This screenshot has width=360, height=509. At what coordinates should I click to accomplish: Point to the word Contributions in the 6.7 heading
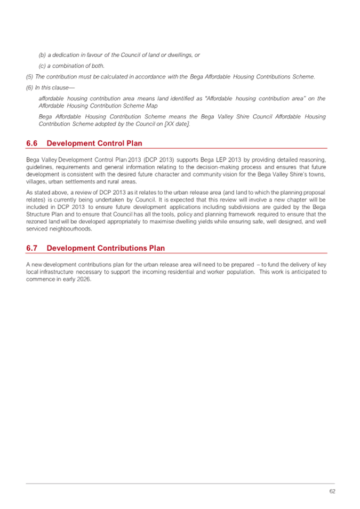pyautogui.click(x=118, y=248)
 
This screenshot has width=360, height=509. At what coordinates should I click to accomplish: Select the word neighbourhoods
pyautogui.click(x=73, y=228)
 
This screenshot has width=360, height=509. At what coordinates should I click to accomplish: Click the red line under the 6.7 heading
pyautogui.click(x=176, y=253)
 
